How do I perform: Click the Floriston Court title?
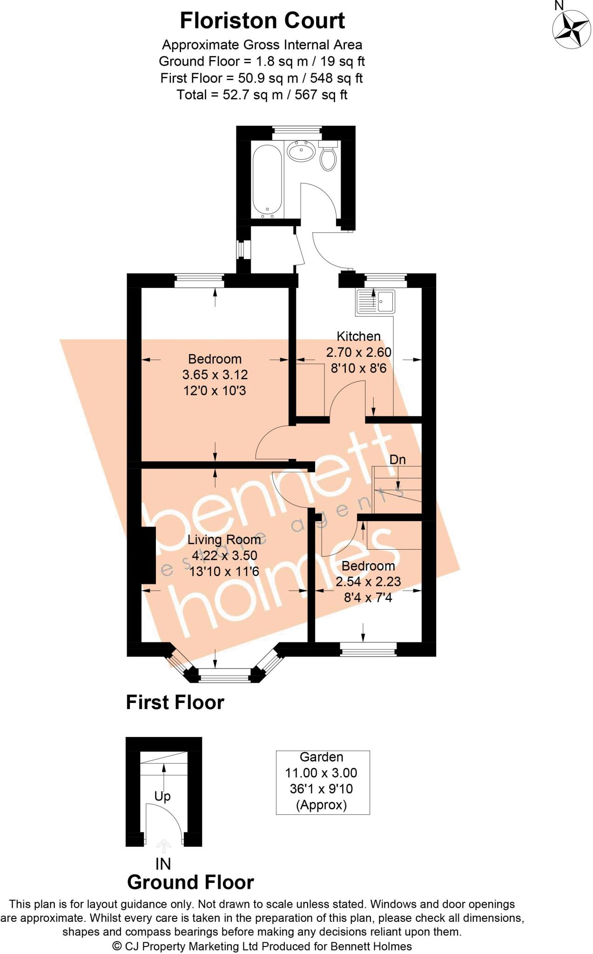pos(262,21)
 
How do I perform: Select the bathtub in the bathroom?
pos(267,179)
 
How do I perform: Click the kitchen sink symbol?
pos(375,301)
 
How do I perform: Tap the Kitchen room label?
pos(358,336)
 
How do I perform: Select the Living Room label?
pos(224,540)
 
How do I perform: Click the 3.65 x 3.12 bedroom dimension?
pos(215,375)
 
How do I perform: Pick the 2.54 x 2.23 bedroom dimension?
pos(368,582)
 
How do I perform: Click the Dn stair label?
pos(398,460)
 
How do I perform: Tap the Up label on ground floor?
pos(162,797)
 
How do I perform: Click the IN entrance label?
pos(163,864)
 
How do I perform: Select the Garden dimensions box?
pos(323,782)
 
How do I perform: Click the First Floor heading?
pos(175,702)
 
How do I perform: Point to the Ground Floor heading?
pos(190,882)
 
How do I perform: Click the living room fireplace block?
pos(148,555)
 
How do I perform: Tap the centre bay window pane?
pos(224,675)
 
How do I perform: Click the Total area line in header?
pos(262,95)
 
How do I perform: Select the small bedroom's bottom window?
pos(368,649)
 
